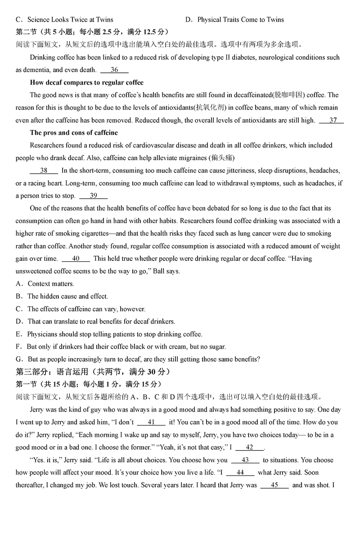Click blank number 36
(114, 70)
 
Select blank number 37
(333, 120)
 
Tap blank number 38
(44, 170)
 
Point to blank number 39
(93, 196)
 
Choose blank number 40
(76, 259)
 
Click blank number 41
(151, 422)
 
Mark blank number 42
(249, 448)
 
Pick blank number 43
(245, 460)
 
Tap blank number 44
(240, 473)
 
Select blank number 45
(274, 485)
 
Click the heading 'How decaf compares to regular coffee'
(87, 82)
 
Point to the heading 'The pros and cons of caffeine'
(74, 133)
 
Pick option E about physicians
(109, 334)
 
